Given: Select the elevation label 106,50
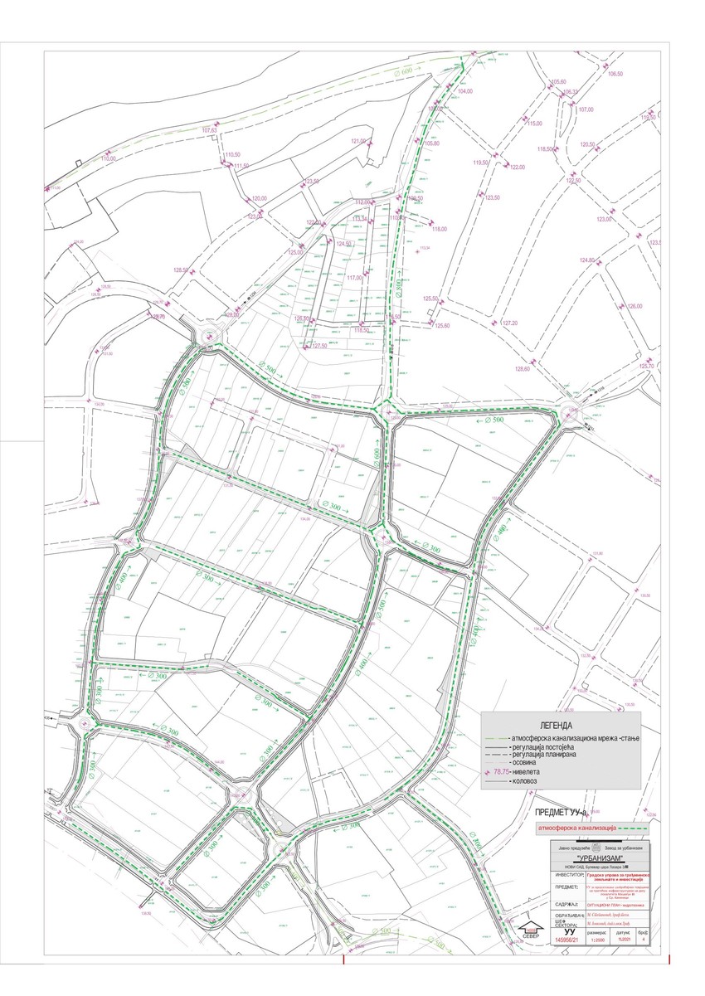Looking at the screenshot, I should (615, 75).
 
